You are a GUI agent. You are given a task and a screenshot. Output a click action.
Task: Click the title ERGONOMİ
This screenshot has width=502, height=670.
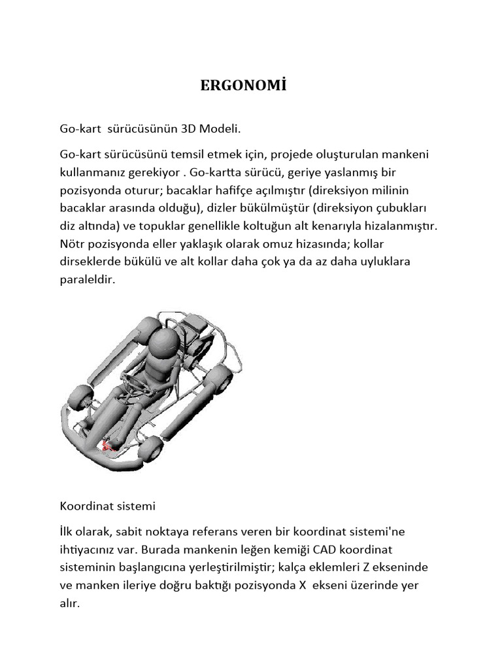(x=243, y=87)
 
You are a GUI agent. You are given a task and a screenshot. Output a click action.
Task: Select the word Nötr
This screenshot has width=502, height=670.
(x=73, y=244)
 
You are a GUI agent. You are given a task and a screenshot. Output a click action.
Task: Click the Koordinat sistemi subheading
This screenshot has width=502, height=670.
(x=107, y=506)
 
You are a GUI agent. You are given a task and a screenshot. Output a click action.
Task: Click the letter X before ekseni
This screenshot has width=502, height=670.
(x=303, y=585)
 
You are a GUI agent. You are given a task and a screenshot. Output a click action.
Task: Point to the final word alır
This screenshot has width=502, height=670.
(x=70, y=603)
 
